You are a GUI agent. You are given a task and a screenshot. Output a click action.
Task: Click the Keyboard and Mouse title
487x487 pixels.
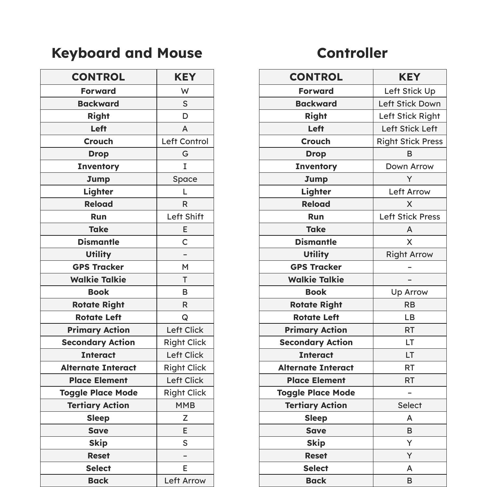[127, 53]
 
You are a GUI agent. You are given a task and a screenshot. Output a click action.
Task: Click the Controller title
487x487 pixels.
[352, 53]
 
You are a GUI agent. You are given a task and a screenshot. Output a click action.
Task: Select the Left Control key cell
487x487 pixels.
[185, 141]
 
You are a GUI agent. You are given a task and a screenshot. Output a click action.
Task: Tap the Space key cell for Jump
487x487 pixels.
[185, 179]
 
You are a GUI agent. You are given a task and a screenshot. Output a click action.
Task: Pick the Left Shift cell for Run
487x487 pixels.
[185, 217]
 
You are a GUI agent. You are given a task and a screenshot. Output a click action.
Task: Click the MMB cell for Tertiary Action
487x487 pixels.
[185, 405]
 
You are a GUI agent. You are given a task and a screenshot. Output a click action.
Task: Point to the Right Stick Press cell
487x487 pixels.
[409, 141]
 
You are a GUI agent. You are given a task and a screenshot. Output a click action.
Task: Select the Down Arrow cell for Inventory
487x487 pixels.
[409, 166]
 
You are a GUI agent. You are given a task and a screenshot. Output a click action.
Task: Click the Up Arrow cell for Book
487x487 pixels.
[409, 292]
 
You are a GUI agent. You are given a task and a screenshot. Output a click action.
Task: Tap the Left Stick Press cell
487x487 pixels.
[409, 217]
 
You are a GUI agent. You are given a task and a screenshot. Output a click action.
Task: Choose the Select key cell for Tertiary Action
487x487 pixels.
[409, 405]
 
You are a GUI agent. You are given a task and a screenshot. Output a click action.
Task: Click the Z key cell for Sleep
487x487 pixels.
[185, 418]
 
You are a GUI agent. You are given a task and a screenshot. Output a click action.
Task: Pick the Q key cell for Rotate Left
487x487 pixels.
[185, 317]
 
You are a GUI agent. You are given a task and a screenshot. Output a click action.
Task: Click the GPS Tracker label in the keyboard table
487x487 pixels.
[98, 267]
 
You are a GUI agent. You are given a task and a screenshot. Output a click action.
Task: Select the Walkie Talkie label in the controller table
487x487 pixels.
[316, 280]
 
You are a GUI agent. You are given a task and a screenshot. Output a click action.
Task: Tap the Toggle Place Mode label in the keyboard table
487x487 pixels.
[98, 393]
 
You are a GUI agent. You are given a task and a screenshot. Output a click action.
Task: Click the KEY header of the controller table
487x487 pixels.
[409, 77]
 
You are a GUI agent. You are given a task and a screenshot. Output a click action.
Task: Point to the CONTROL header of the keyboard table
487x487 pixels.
[98, 77]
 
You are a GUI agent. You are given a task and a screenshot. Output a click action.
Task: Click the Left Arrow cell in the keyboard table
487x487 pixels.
[185, 481]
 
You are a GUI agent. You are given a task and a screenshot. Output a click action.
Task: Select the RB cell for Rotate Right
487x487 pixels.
[409, 305]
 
